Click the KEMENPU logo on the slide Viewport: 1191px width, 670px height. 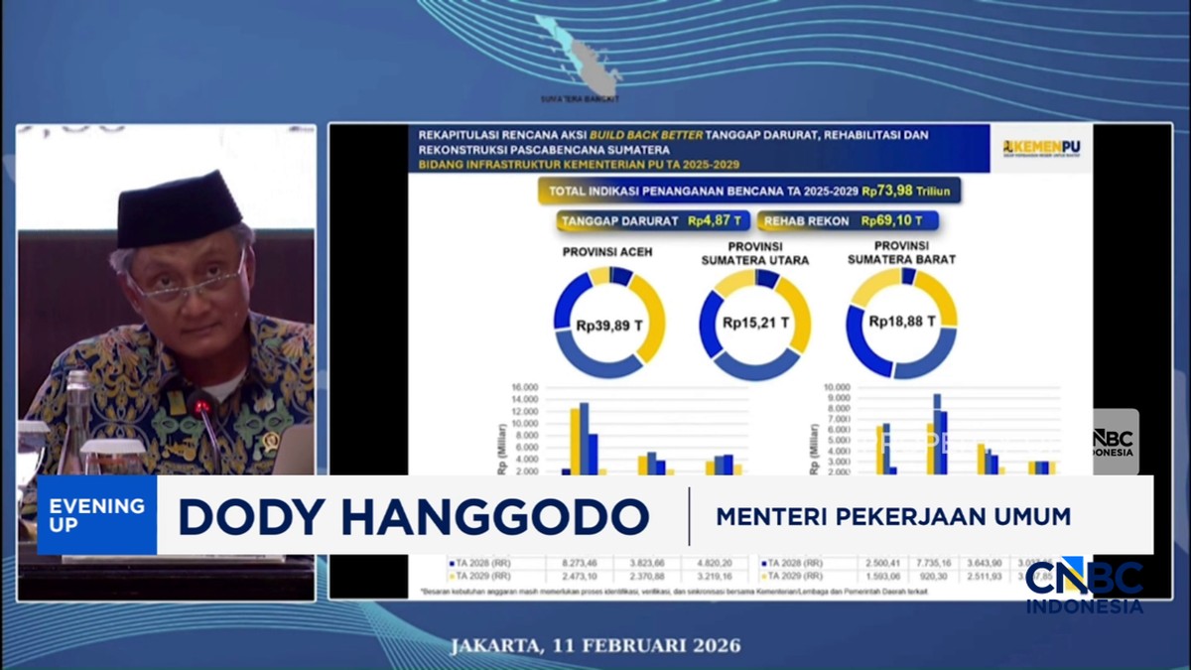pyautogui.click(x=1041, y=146)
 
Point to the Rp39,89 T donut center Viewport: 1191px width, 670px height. pyautogui.click(x=608, y=323)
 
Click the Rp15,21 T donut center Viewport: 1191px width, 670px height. pyautogui.click(x=755, y=323)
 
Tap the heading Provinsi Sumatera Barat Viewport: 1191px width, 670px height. pyautogui.click(x=902, y=252)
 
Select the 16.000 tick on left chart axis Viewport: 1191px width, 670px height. pyautogui.click(x=524, y=387)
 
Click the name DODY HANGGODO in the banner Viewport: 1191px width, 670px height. pyautogui.click(x=414, y=517)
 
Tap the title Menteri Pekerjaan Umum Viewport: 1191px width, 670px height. pyautogui.click(x=894, y=517)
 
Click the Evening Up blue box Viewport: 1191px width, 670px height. pyautogui.click(x=97, y=514)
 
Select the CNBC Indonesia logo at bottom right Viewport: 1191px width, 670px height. pyautogui.click(x=1084, y=586)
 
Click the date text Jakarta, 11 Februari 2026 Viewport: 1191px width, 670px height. pyautogui.click(x=595, y=645)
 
